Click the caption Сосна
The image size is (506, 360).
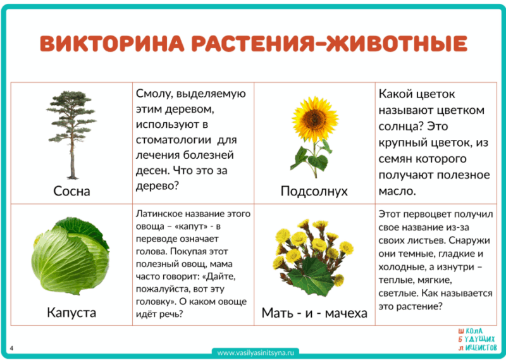[71, 190]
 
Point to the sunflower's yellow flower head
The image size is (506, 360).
[311, 120]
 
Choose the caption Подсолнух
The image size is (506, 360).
[314, 191]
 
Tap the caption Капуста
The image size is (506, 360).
[71, 313]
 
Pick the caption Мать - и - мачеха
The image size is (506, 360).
[314, 313]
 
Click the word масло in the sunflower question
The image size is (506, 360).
[397, 190]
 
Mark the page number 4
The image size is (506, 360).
[12, 347]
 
